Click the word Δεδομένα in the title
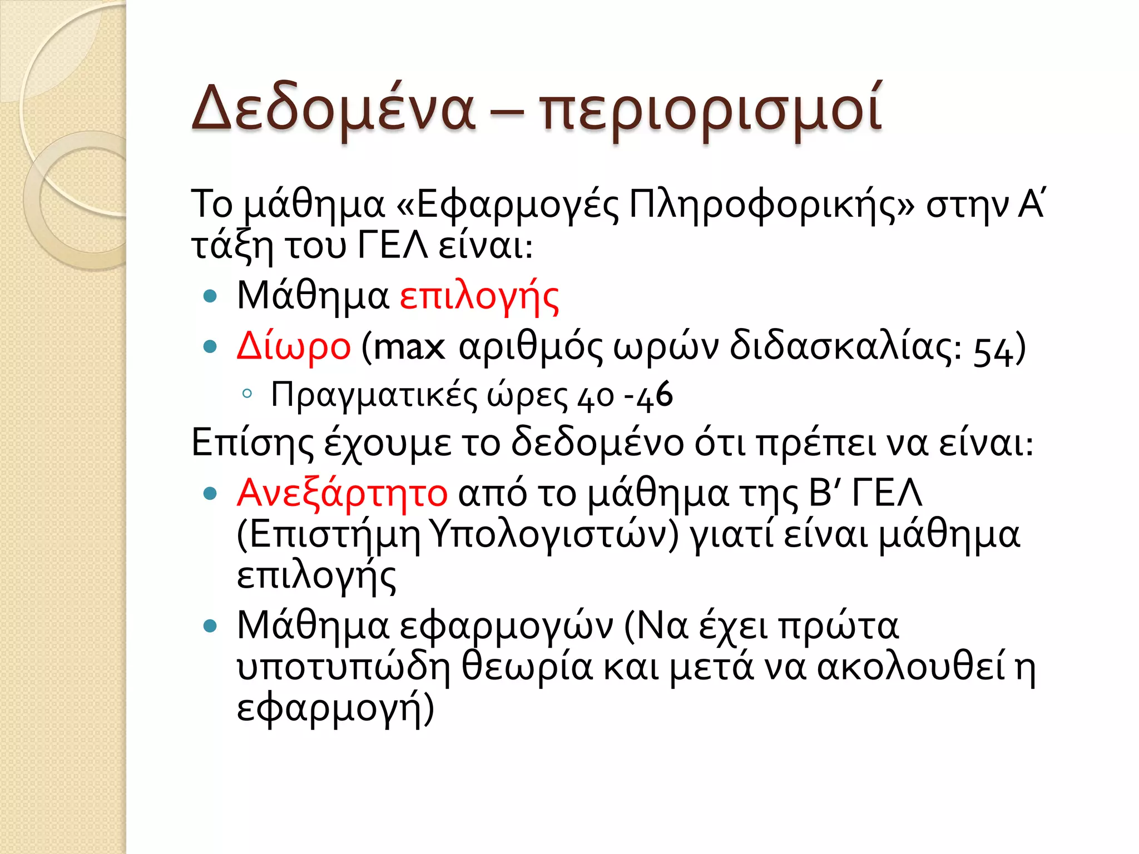pos(333,108)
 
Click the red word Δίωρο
pos(294,346)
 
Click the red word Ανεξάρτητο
pos(342,493)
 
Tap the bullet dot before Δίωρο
pos(210,347)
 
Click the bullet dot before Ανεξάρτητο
pos(210,493)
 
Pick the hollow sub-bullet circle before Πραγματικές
pos(247,394)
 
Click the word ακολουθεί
pos(912,667)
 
